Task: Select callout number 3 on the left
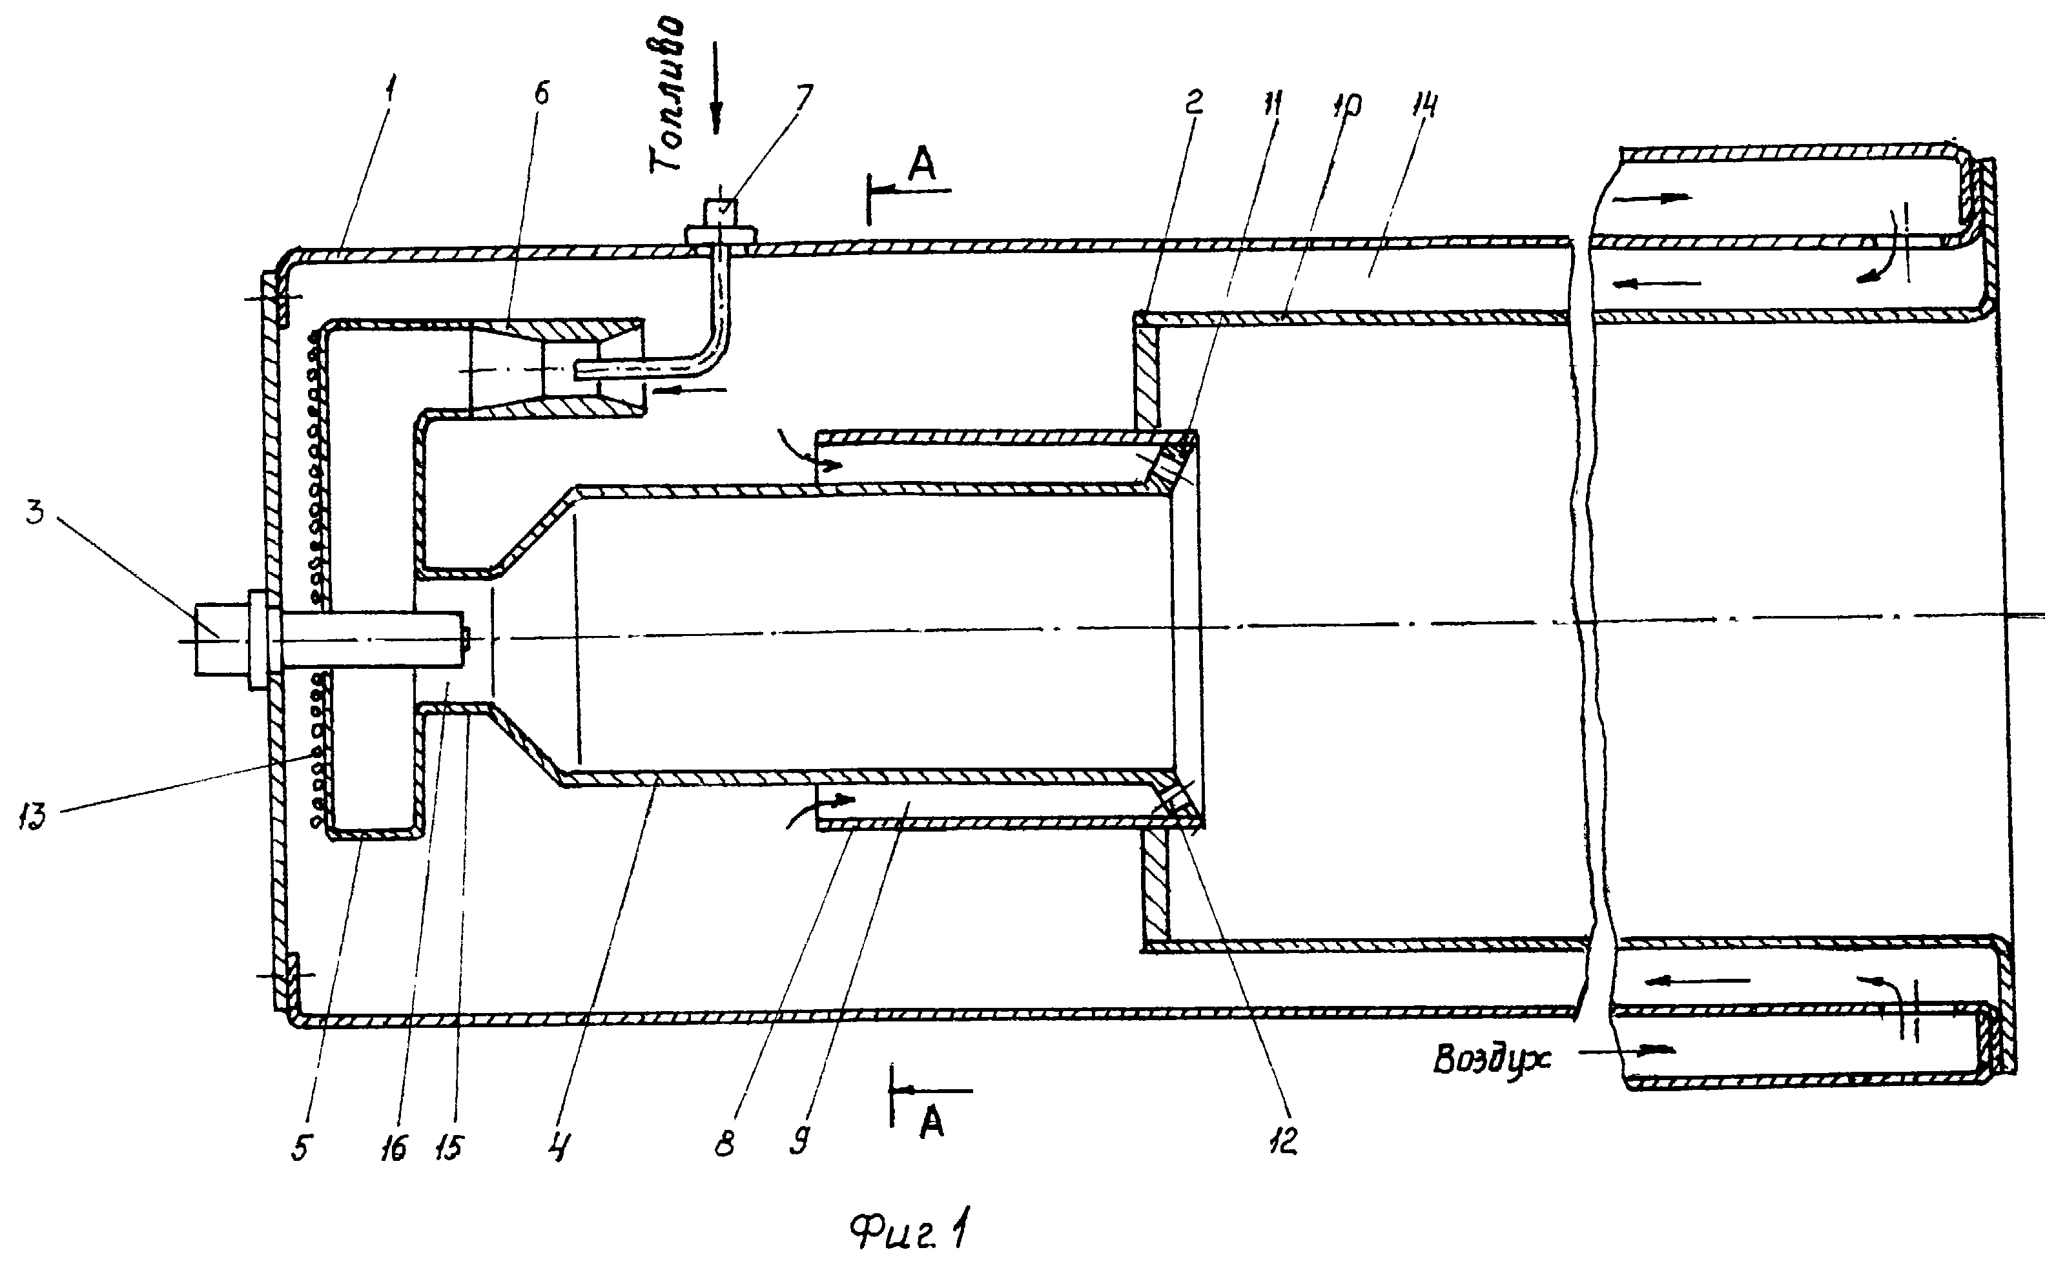tap(34, 510)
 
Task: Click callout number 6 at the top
tap(542, 93)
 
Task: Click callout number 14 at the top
tap(1425, 107)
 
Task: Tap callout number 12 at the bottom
tap(1283, 1140)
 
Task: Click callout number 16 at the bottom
tap(394, 1147)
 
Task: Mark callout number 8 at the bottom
tap(724, 1144)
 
